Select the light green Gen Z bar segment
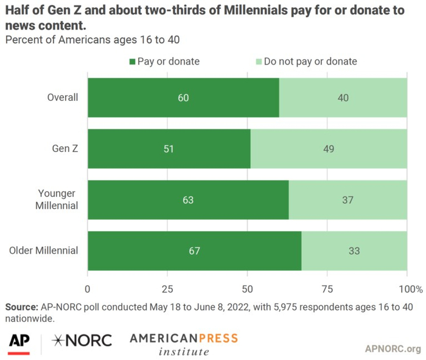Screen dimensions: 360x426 329,148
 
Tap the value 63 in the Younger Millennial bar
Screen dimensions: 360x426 188,199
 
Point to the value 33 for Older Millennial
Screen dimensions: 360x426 354,251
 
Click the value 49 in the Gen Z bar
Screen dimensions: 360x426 329,148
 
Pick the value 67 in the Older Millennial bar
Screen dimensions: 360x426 195,251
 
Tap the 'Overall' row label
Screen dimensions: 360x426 63,97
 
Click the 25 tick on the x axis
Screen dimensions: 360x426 168,288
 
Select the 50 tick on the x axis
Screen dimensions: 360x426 248,288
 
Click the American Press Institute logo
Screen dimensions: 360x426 183,344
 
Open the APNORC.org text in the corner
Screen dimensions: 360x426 393,348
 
